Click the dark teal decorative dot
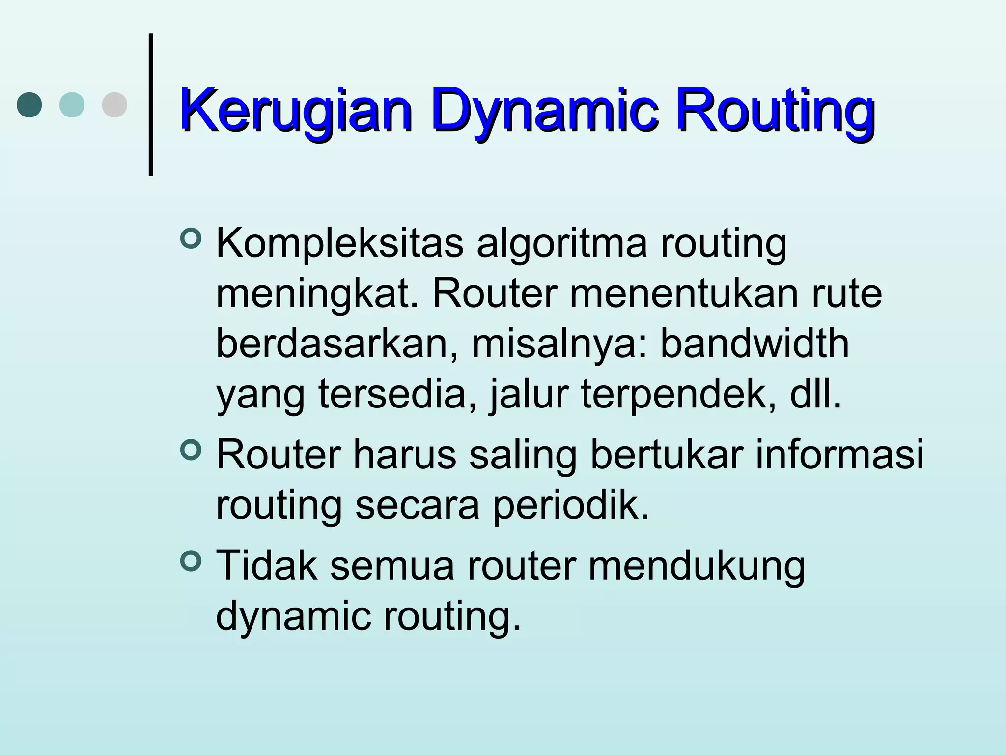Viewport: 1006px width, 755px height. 29,105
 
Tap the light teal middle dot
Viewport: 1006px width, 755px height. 72,105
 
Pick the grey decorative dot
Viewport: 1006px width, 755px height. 114,105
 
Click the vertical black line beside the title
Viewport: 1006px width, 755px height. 151,104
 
